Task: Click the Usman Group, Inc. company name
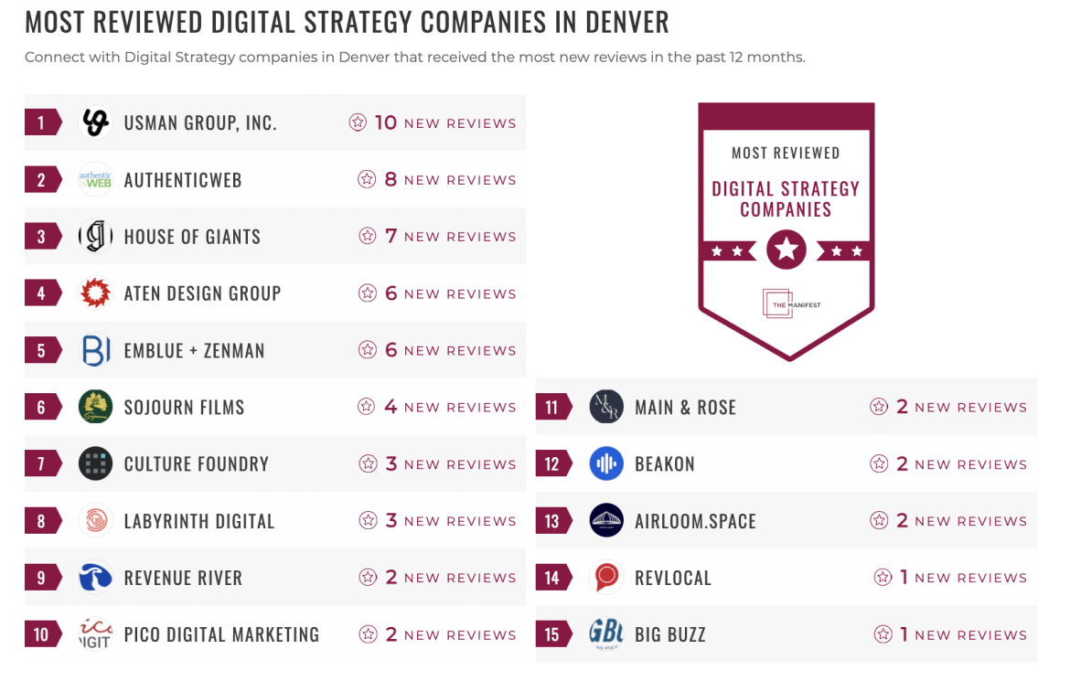click(x=200, y=122)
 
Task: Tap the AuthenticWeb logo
click(x=95, y=179)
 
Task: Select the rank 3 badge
click(x=42, y=237)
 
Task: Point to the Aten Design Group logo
click(x=95, y=293)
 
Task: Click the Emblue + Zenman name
click(x=194, y=350)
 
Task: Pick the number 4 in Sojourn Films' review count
click(x=391, y=407)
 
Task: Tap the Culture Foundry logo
click(x=95, y=463)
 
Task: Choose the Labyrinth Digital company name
click(x=199, y=521)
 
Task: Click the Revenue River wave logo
click(x=95, y=578)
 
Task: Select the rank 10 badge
click(x=42, y=634)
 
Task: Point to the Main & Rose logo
click(x=606, y=407)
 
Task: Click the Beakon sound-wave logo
click(x=606, y=463)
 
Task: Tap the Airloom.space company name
click(x=695, y=521)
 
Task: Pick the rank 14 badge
click(x=552, y=578)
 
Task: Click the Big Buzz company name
click(x=670, y=634)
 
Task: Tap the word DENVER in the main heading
click(x=622, y=21)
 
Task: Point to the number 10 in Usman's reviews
click(x=385, y=122)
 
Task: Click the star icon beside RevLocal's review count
click(x=883, y=578)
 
